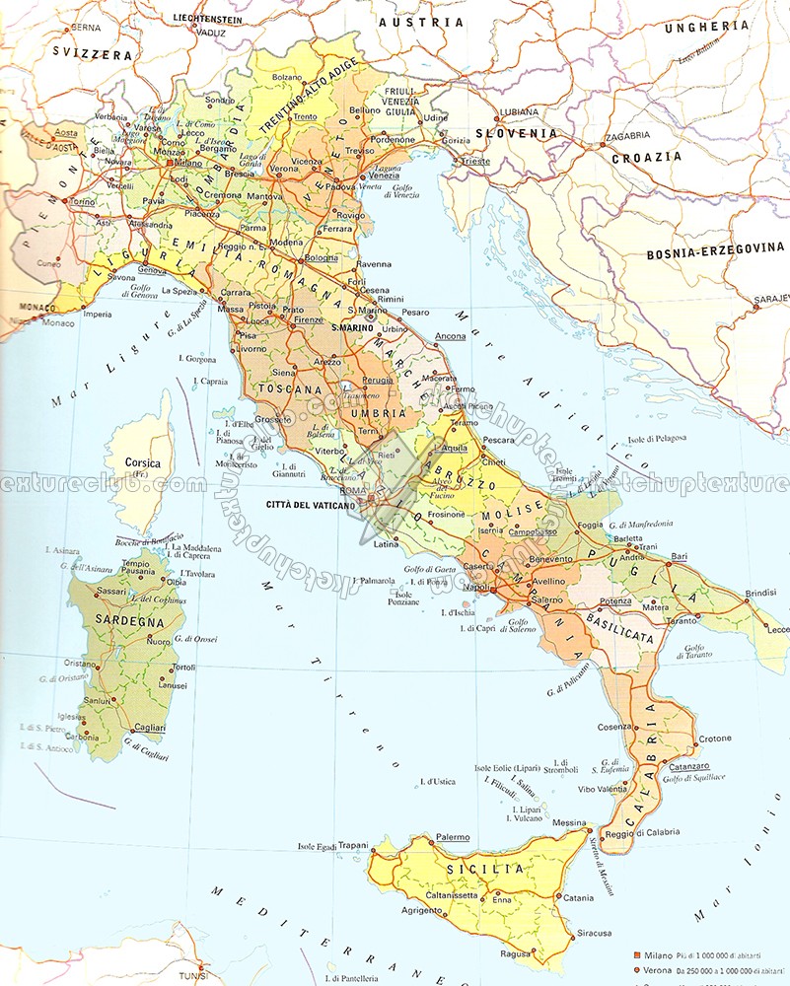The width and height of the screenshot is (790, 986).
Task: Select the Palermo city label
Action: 453,837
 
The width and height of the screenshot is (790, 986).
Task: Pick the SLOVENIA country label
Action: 516,133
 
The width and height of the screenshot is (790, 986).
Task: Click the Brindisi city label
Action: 763,592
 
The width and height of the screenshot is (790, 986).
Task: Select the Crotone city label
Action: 715,739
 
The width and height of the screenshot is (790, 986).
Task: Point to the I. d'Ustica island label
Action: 436,782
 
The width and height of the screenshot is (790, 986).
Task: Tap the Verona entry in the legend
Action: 660,972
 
